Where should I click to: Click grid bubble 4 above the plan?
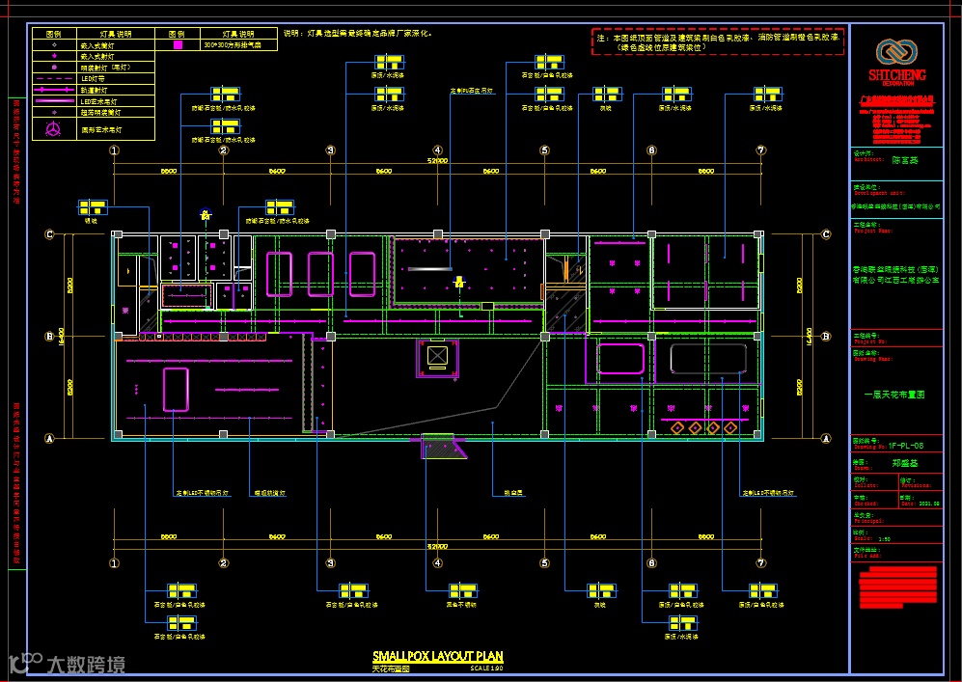point(437,150)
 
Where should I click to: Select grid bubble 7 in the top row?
point(760,150)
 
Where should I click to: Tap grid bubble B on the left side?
point(49,337)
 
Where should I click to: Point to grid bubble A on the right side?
point(826,437)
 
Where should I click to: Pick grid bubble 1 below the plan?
point(114,563)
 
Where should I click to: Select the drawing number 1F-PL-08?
point(906,446)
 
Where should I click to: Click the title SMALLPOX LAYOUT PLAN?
point(437,657)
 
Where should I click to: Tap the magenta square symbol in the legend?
point(178,44)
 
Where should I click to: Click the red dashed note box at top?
point(717,41)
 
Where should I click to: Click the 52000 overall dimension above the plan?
point(437,162)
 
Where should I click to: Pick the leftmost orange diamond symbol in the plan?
point(678,427)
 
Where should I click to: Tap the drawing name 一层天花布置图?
point(893,395)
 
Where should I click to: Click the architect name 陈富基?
point(905,161)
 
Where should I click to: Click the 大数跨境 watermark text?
point(86,665)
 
